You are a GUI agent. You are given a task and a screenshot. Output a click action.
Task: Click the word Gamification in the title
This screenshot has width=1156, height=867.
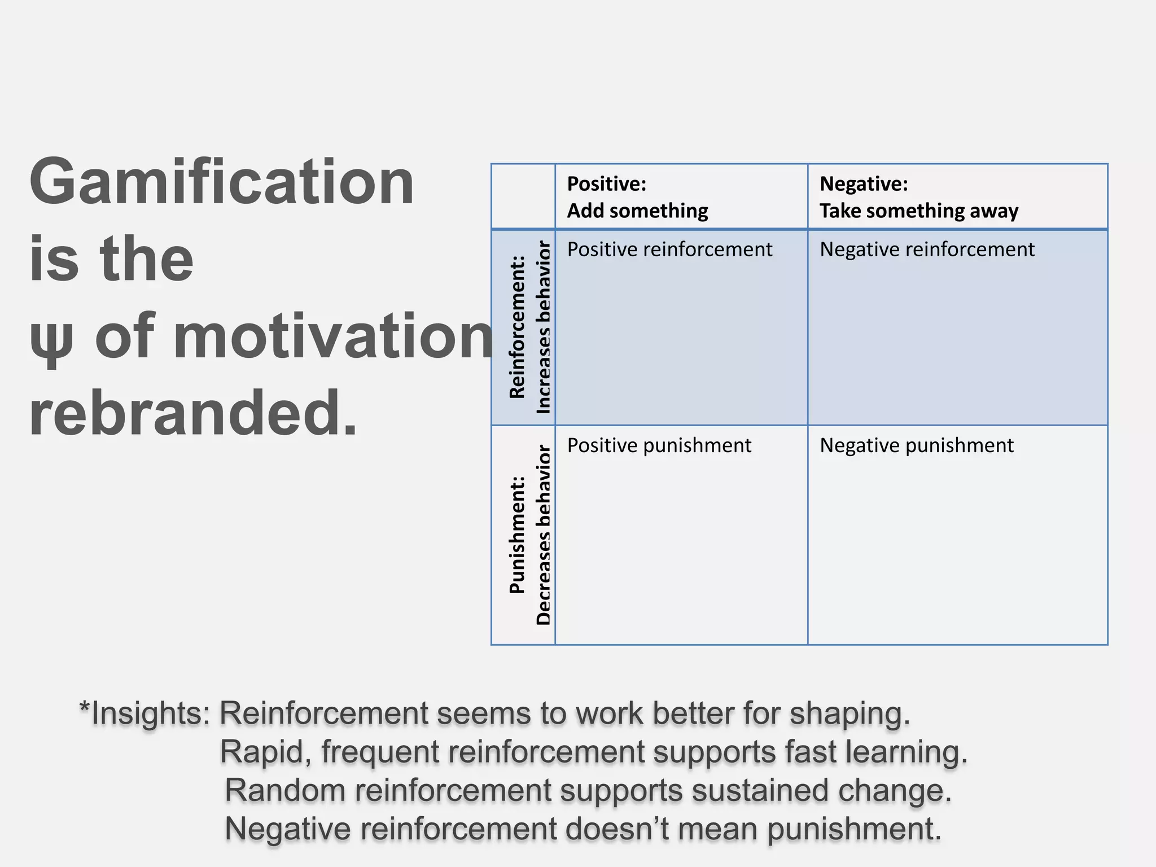point(222,182)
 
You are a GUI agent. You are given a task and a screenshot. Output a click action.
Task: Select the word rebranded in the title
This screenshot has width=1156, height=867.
point(193,413)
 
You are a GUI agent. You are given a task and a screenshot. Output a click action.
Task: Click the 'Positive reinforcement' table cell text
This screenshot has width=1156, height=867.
point(669,249)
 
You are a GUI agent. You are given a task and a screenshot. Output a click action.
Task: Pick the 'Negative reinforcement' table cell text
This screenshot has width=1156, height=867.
point(927,249)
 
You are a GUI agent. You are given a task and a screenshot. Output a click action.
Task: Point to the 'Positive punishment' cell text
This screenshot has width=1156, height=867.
point(659,445)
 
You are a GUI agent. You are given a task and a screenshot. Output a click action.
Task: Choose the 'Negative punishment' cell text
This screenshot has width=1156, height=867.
point(916,445)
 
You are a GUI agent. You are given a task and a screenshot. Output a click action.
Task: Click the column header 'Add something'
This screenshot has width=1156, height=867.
point(637,211)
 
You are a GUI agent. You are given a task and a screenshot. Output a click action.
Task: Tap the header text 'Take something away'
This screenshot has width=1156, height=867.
point(919,211)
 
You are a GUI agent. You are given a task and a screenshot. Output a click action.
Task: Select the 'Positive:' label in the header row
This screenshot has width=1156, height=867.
point(606,184)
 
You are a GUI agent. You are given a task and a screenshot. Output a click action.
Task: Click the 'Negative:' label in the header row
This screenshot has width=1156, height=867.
point(864,184)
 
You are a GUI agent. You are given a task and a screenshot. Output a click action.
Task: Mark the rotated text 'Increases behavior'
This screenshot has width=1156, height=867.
point(542,327)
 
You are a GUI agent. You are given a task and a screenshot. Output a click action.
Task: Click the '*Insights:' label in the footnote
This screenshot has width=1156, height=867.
point(145,713)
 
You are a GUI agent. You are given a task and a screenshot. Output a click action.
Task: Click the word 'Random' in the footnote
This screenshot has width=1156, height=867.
point(285,790)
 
